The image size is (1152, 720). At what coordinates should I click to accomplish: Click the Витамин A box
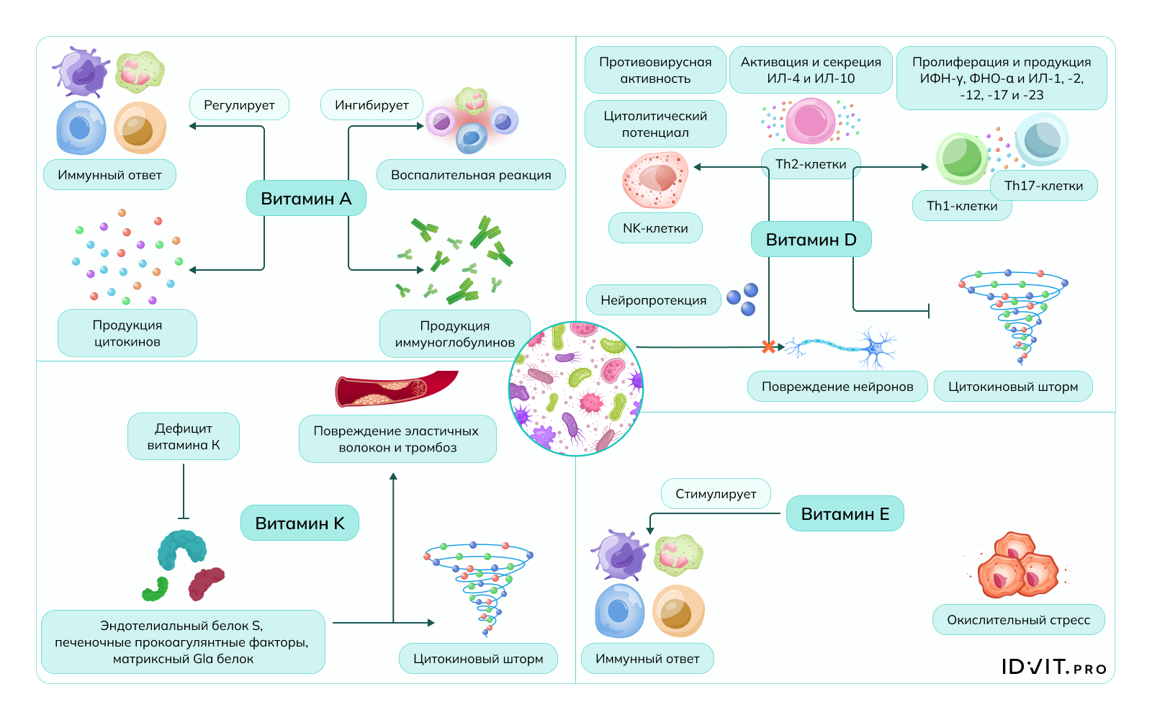pos(306,199)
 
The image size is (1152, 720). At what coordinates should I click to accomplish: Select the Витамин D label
pos(811,240)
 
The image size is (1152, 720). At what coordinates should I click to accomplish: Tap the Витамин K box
pos(300,523)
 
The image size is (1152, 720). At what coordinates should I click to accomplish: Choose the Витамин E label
pos(845,514)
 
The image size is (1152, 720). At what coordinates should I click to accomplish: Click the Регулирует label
pos(239,105)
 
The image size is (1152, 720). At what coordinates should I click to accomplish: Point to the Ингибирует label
pos(372,105)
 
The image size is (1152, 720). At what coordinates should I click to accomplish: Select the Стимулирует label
pos(716,494)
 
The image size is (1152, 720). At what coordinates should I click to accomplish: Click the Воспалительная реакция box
pos(471,175)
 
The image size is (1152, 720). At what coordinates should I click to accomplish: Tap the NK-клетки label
pos(655,228)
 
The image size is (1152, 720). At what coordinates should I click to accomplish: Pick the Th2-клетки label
pos(811,164)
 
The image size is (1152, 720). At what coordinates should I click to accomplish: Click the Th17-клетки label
pos(1043,186)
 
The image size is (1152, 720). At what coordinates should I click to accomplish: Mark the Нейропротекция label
pos(653,300)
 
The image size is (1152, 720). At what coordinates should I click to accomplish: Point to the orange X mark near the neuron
pos(769,347)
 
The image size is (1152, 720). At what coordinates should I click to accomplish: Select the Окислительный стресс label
pos(1018,620)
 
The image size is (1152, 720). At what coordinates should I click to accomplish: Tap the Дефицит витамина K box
pos(184,436)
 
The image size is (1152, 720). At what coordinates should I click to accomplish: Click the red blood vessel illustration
pos(396,389)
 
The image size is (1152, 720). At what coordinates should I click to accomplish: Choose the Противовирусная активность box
pos(655,71)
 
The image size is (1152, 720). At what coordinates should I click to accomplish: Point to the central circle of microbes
pos(576,389)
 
